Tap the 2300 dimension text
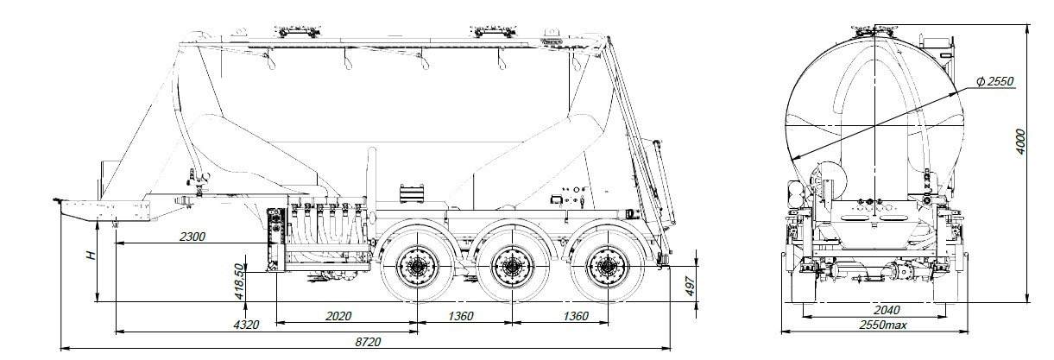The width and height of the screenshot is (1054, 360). pos(192,237)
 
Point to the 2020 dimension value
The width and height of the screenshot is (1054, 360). pos(338,316)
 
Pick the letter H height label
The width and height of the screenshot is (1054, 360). pos(90,256)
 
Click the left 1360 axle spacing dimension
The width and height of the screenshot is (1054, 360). pos(461,316)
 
